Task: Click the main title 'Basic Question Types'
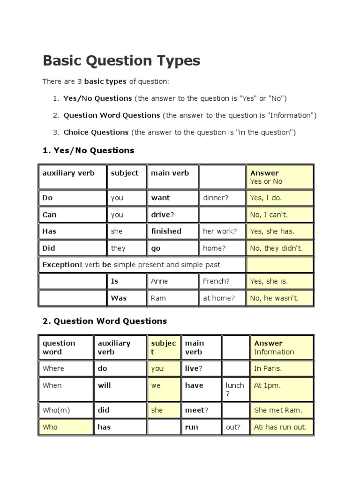[121, 61]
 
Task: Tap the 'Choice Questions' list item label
[96, 132]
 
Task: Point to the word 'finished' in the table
[166, 231]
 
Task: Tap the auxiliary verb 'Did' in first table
[49, 248]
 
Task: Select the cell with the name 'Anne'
[159, 281]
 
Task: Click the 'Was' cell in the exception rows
[119, 298]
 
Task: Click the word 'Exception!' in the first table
[62, 265]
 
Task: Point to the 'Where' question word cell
[53, 368]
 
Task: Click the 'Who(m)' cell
[56, 410]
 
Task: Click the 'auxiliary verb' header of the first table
[68, 173]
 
